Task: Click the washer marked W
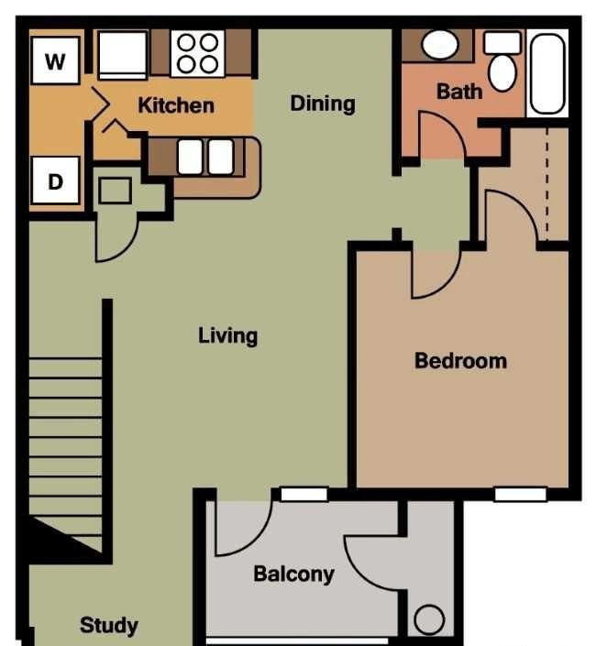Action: click(x=55, y=60)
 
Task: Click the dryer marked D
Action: click(x=55, y=180)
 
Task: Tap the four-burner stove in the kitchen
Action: click(x=198, y=53)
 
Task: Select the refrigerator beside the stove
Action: click(x=123, y=55)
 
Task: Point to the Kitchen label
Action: click(x=176, y=105)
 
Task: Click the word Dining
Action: click(x=323, y=104)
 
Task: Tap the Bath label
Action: click(x=459, y=92)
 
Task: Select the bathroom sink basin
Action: click(x=440, y=45)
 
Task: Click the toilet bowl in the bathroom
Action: click(x=502, y=72)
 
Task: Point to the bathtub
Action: click(x=547, y=73)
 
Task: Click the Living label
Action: click(x=228, y=336)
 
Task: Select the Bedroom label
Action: click(x=461, y=361)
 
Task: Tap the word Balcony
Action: click(x=294, y=575)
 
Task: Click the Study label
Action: click(x=109, y=626)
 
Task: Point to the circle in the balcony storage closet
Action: click(x=429, y=619)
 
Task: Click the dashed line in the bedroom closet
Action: click(x=547, y=184)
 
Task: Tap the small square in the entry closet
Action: click(x=116, y=191)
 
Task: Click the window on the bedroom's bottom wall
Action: click(x=520, y=495)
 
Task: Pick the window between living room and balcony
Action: click(x=304, y=495)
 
